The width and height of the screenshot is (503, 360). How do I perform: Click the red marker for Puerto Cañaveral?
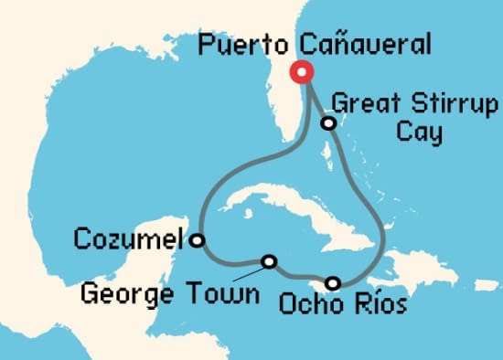(x=300, y=73)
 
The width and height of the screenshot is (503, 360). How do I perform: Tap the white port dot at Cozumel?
(x=197, y=241)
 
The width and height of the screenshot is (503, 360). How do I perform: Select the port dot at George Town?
(x=269, y=261)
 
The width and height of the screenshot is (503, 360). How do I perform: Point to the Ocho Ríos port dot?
(x=333, y=282)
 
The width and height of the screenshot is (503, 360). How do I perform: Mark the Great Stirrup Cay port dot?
(x=326, y=123)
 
